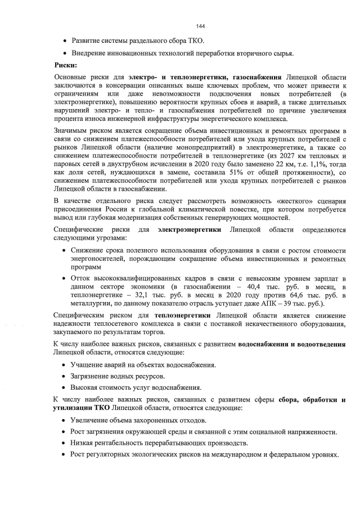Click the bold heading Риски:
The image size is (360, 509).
[x=65, y=65]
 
